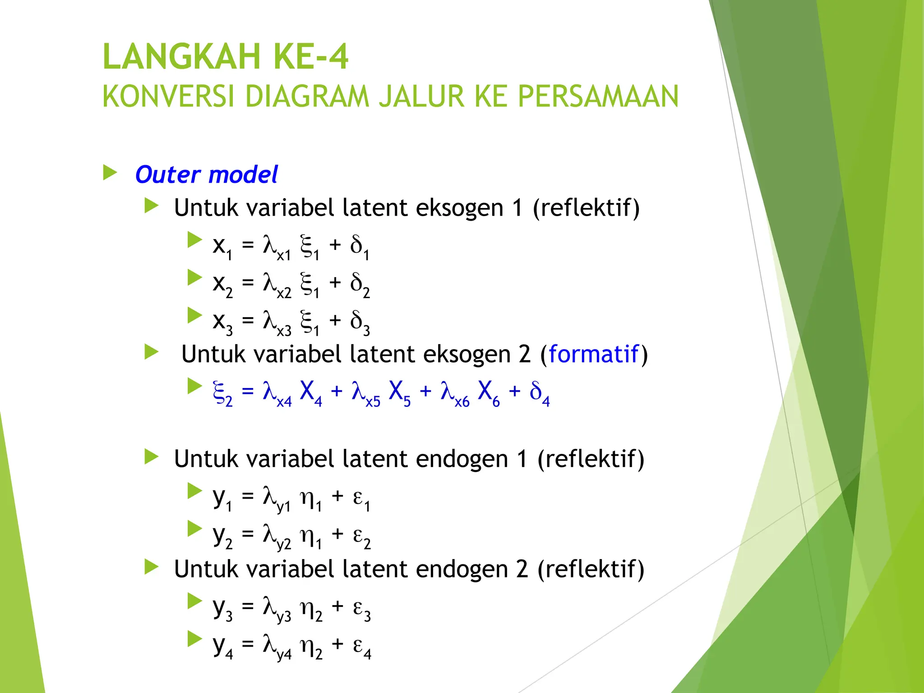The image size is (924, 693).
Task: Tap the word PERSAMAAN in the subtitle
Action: [x=598, y=97]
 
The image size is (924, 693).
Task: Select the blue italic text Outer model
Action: [x=207, y=175]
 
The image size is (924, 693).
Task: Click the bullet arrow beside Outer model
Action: [x=110, y=172]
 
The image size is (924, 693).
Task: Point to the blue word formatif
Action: [x=594, y=354]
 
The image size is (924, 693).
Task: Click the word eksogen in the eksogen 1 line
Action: [x=459, y=208]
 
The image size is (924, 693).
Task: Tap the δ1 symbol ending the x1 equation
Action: [x=360, y=248]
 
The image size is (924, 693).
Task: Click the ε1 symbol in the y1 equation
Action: [x=361, y=499]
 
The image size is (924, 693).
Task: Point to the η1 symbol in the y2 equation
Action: [x=311, y=537]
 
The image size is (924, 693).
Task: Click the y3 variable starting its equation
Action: [x=222, y=609]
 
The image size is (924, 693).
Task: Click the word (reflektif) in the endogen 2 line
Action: [x=591, y=569]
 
